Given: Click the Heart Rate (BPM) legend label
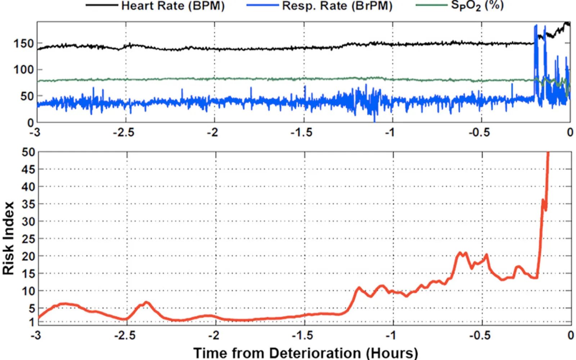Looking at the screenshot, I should point(173,6).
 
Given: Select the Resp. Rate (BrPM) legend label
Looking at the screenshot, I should point(337,6).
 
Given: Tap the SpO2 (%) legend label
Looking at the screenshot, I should point(477,6).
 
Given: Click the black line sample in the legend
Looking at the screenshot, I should point(102,5).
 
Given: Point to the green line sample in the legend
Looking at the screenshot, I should point(431,5).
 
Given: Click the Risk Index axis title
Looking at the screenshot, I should point(8,238).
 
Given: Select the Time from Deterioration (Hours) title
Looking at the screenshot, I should point(306,353).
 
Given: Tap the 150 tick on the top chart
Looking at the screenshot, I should point(23,44).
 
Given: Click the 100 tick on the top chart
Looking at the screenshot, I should point(23,69).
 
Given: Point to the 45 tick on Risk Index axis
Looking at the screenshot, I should point(28,169).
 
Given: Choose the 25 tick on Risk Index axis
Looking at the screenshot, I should point(28,239).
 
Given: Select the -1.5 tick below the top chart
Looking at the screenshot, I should point(302,132).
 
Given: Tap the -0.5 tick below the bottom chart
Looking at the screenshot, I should point(479,336).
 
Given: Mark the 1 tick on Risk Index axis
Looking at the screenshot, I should point(32,322).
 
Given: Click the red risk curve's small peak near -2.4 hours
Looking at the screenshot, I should point(146,302).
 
